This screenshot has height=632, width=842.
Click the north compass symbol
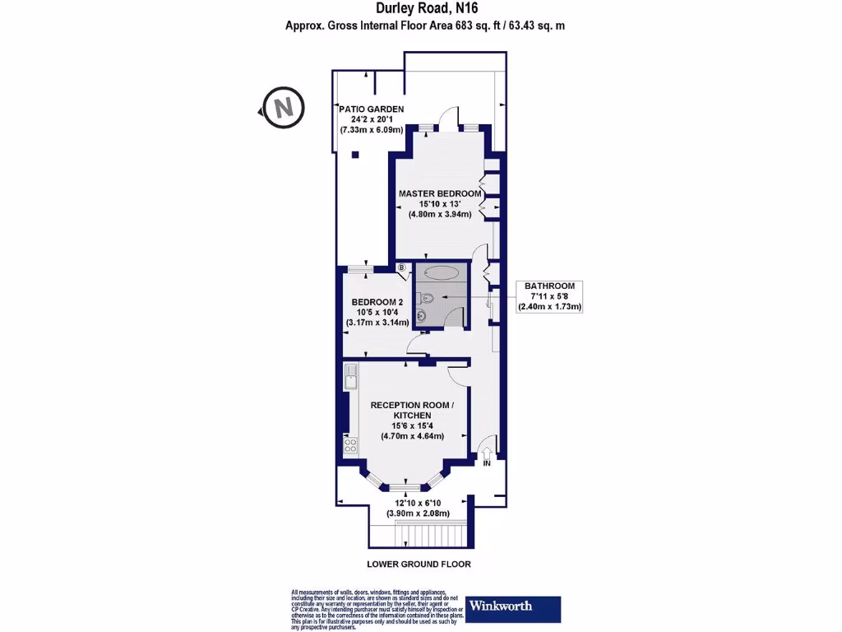coord(283,107)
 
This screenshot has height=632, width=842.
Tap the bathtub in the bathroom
coord(441,273)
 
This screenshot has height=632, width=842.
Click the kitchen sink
coord(350,379)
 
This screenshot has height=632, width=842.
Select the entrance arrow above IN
coord(486,451)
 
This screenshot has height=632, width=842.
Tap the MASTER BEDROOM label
coord(440,193)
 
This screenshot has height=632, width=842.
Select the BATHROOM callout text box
coord(549,296)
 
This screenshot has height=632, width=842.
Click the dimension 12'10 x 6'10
coord(419,503)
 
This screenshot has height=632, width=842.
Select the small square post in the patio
coord(355,155)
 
